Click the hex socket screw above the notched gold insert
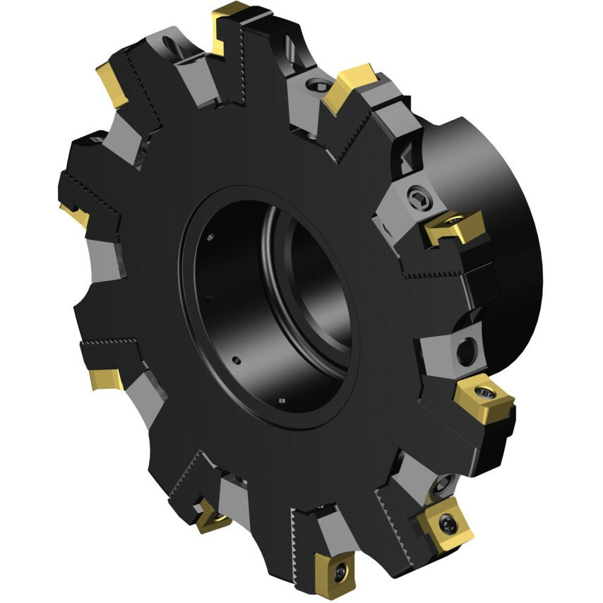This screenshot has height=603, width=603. pos(416,198)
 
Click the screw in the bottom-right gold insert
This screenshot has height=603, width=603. pos(444,523)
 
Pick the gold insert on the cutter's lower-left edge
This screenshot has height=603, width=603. pos(106,380)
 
